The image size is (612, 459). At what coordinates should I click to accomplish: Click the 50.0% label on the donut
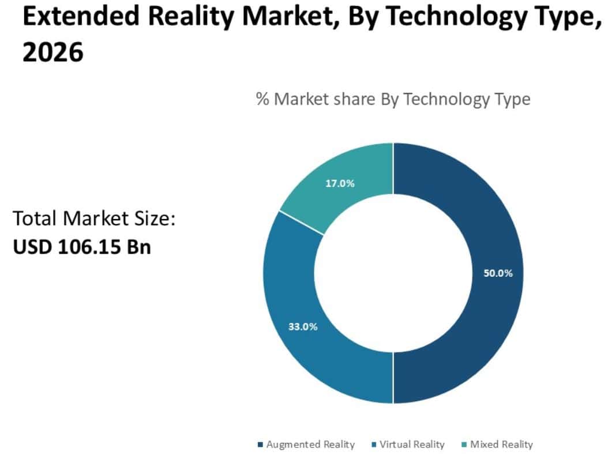(x=498, y=273)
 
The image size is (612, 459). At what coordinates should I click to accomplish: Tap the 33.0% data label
(x=303, y=326)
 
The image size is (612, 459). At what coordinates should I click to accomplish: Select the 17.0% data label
(x=340, y=184)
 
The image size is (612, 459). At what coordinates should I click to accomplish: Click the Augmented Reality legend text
(x=310, y=445)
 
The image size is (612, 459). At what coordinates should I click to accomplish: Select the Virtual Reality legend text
(x=412, y=445)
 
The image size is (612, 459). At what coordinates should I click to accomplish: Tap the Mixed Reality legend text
(x=501, y=445)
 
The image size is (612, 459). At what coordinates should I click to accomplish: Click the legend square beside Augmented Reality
(x=260, y=445)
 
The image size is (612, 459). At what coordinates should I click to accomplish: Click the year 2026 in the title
(x=52, y=52)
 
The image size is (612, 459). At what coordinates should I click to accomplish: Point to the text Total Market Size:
(x=93, y=219)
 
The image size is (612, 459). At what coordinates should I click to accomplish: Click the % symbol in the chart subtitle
(x=262, y=99)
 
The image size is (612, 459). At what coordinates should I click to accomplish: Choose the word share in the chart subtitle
(x=354, y=99)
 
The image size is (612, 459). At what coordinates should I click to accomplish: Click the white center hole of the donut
(x=393, y=273)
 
